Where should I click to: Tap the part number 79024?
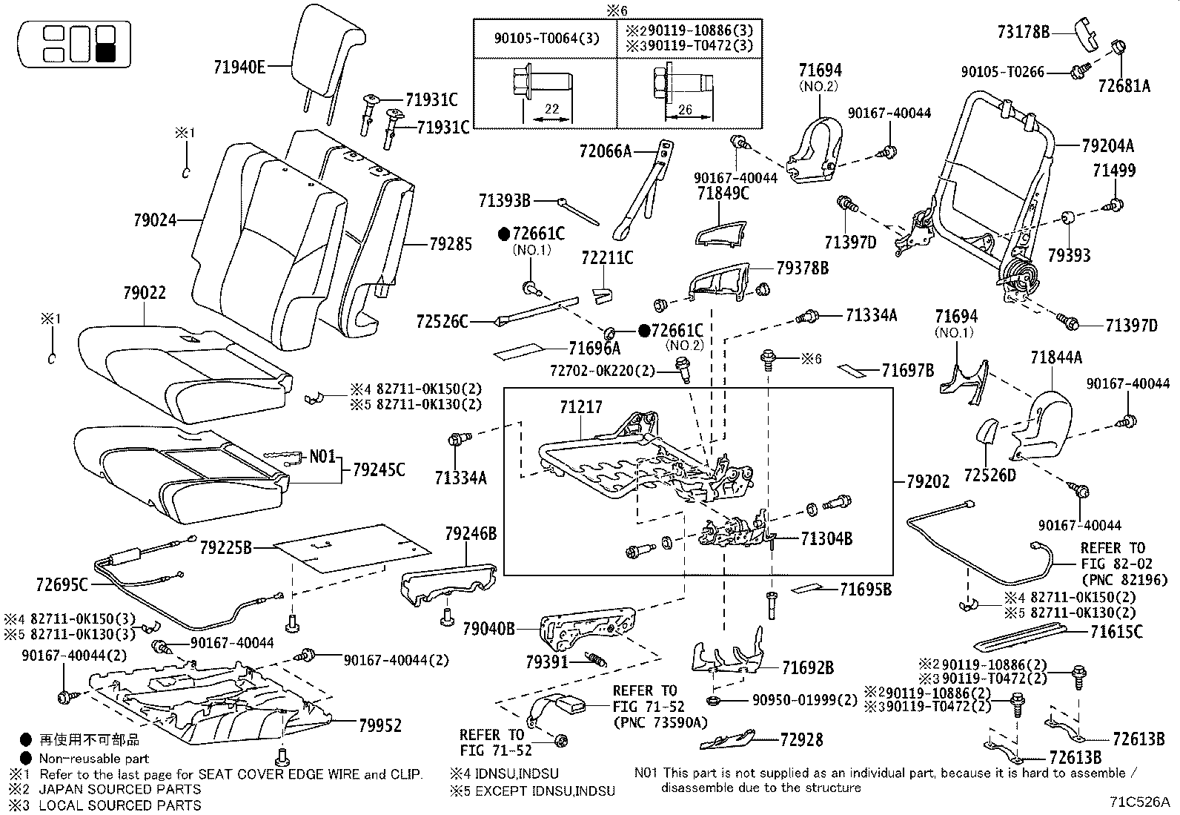156,220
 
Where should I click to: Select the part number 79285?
450,243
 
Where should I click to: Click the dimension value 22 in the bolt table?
551,109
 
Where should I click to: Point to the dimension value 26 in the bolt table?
685,110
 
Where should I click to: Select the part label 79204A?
1107,145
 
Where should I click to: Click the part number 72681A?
1124,87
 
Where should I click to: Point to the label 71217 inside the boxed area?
580,407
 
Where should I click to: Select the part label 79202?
927,481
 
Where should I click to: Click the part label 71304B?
826,538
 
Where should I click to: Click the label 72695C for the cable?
62,585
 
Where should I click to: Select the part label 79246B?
470,533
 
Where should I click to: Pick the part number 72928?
801,739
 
